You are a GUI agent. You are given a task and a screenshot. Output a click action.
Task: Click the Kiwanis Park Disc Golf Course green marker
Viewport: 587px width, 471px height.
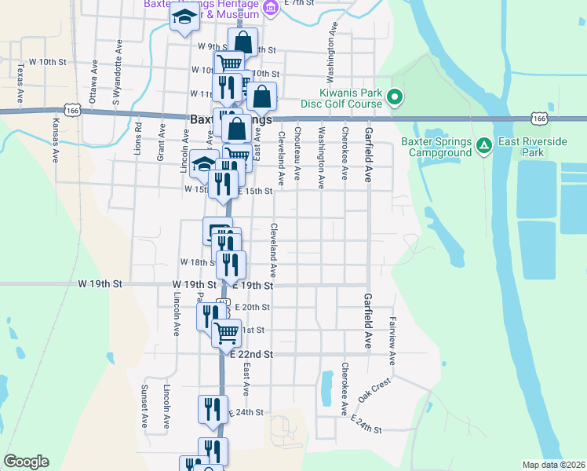[x=395, y=98]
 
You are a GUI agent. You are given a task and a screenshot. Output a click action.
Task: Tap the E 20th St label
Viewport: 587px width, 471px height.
[x=253, y=308]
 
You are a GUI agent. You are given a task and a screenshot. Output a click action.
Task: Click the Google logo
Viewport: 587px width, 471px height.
[x=26, y=462]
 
